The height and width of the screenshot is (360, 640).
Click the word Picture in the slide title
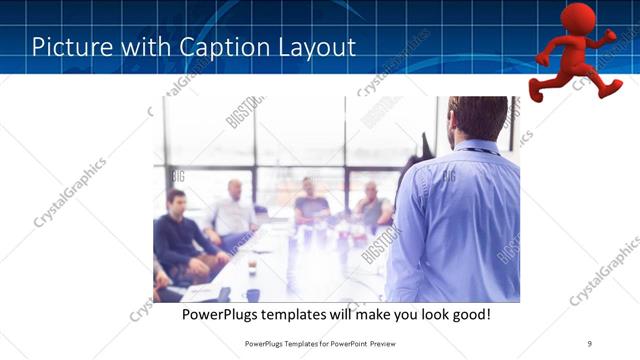[x=72, y=47]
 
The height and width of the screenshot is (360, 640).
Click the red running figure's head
[x=577, y=18]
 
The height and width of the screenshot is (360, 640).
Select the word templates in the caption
[x=307, y=314]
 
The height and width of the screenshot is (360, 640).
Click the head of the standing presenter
[x=477, y=120]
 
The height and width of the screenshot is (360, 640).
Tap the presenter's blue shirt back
[x=460, y=225]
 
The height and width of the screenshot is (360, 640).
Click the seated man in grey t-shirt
[x=311, y=205]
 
